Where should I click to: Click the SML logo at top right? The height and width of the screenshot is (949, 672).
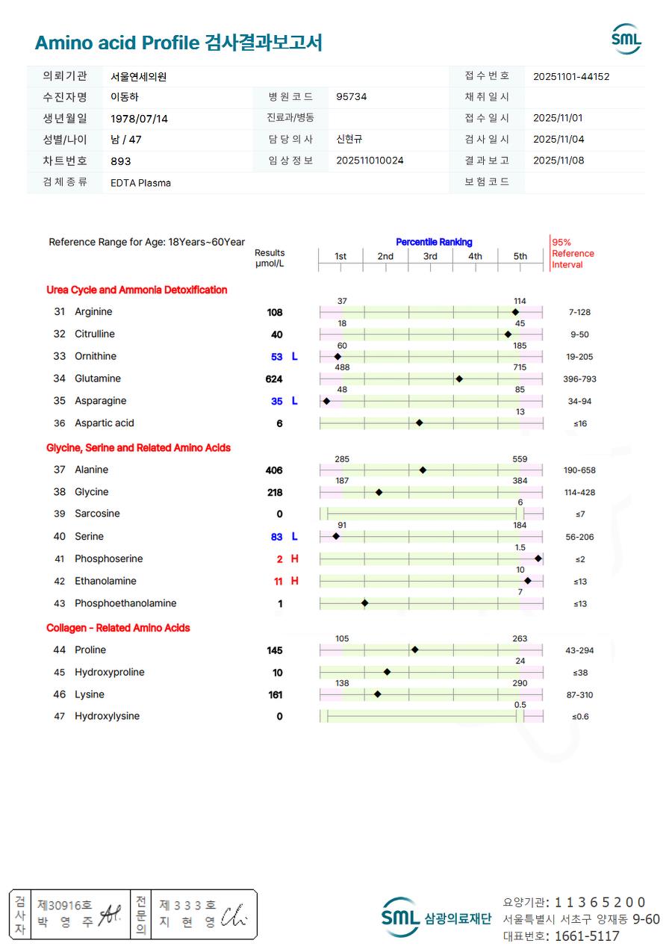click(626, 40)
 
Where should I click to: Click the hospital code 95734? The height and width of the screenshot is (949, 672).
click(352, 97)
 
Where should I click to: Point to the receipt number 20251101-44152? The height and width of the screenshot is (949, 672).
click(571, 76)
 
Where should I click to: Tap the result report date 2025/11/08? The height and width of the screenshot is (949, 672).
click(558, 161)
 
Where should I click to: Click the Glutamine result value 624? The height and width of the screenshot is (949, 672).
click(274, 379)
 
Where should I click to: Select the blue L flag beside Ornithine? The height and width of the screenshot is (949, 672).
click(294, 357)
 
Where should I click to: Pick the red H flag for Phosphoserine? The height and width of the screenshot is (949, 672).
click(294, 559)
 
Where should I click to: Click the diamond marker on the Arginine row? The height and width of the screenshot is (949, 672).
click(515, 312)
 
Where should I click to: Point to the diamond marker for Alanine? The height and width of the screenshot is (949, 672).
click(423, 470)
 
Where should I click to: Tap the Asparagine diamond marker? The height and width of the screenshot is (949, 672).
click(326, 402)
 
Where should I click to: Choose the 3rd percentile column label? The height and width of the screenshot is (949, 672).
click(430, 257)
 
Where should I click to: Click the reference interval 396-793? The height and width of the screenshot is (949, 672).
click(579, 379)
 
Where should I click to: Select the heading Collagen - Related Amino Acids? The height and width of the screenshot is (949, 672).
click(118, 628)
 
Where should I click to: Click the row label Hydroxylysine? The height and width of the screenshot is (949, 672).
click(107, 717)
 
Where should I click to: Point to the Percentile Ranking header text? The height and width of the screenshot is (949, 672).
click(434, 242)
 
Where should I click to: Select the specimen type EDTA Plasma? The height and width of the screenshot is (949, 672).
click(140, 182)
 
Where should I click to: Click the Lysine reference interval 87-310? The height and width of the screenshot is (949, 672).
click(579, 695)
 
